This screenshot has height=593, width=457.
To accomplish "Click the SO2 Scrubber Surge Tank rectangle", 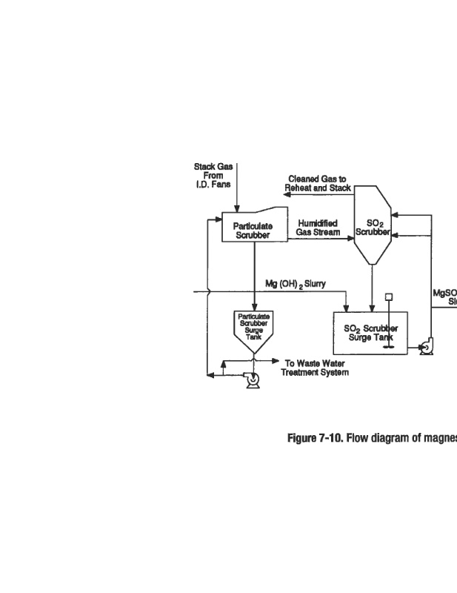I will coord(370,333).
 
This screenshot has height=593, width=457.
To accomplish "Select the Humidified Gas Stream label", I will coord(318,227).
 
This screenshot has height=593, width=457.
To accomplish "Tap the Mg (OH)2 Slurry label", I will coord(296,284).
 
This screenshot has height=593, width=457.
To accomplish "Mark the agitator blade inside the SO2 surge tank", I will coord(387,345).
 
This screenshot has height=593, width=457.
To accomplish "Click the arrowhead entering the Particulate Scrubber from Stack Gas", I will coord(236,210).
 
